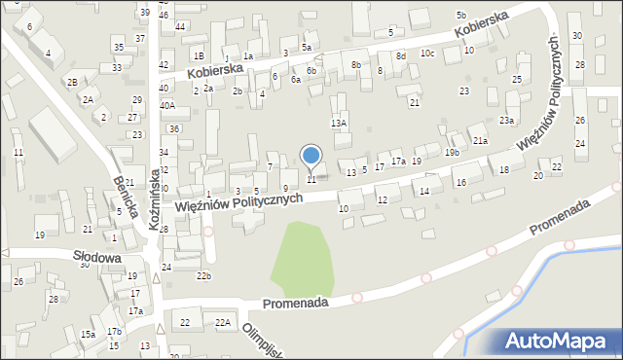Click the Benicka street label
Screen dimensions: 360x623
point(123,196)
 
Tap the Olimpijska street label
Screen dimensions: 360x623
point(261,342)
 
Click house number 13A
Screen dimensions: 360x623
point(339,124)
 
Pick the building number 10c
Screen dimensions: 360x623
point(426,54)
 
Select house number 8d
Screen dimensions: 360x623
point(400,56)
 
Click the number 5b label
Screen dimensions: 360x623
point(460,16)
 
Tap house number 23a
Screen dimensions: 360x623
point(507,120)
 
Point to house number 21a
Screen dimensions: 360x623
point(480,141)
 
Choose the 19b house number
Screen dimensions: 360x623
point(452,153)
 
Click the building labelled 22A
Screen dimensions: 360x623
point(223,322)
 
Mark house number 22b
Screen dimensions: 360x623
point(202,276)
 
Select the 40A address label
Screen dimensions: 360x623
point(167,105)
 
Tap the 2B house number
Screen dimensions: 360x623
point(72,82)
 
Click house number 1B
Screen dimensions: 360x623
point(199,56)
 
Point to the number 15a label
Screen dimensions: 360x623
point(88,334)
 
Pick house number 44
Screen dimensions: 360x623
point(181,27)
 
